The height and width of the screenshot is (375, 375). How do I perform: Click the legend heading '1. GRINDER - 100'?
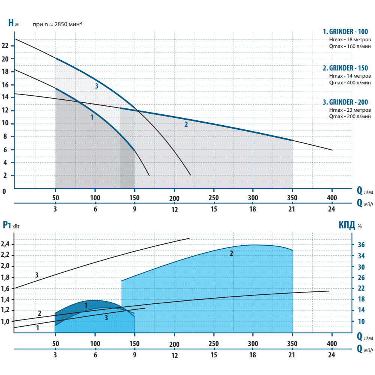tap(347, 31)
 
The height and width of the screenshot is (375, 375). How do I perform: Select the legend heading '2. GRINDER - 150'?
tap(347, 68)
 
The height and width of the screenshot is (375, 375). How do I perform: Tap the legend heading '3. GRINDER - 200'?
tap(347, 102)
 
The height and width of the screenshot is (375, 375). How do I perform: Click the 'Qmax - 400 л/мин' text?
tap(350, 82)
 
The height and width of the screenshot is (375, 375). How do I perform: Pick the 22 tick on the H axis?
tap(5, 46)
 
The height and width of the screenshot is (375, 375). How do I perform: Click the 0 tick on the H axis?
tap(4, 191)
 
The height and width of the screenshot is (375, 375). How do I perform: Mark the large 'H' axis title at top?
tap(11, 22)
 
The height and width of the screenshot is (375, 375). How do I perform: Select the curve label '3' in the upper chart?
tap(96, 86)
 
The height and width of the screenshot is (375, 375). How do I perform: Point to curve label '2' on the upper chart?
tap(186, 124)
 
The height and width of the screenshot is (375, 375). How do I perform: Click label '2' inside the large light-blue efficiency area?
tap(231, 253)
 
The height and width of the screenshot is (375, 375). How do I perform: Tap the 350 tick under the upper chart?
tap(292, 198)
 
